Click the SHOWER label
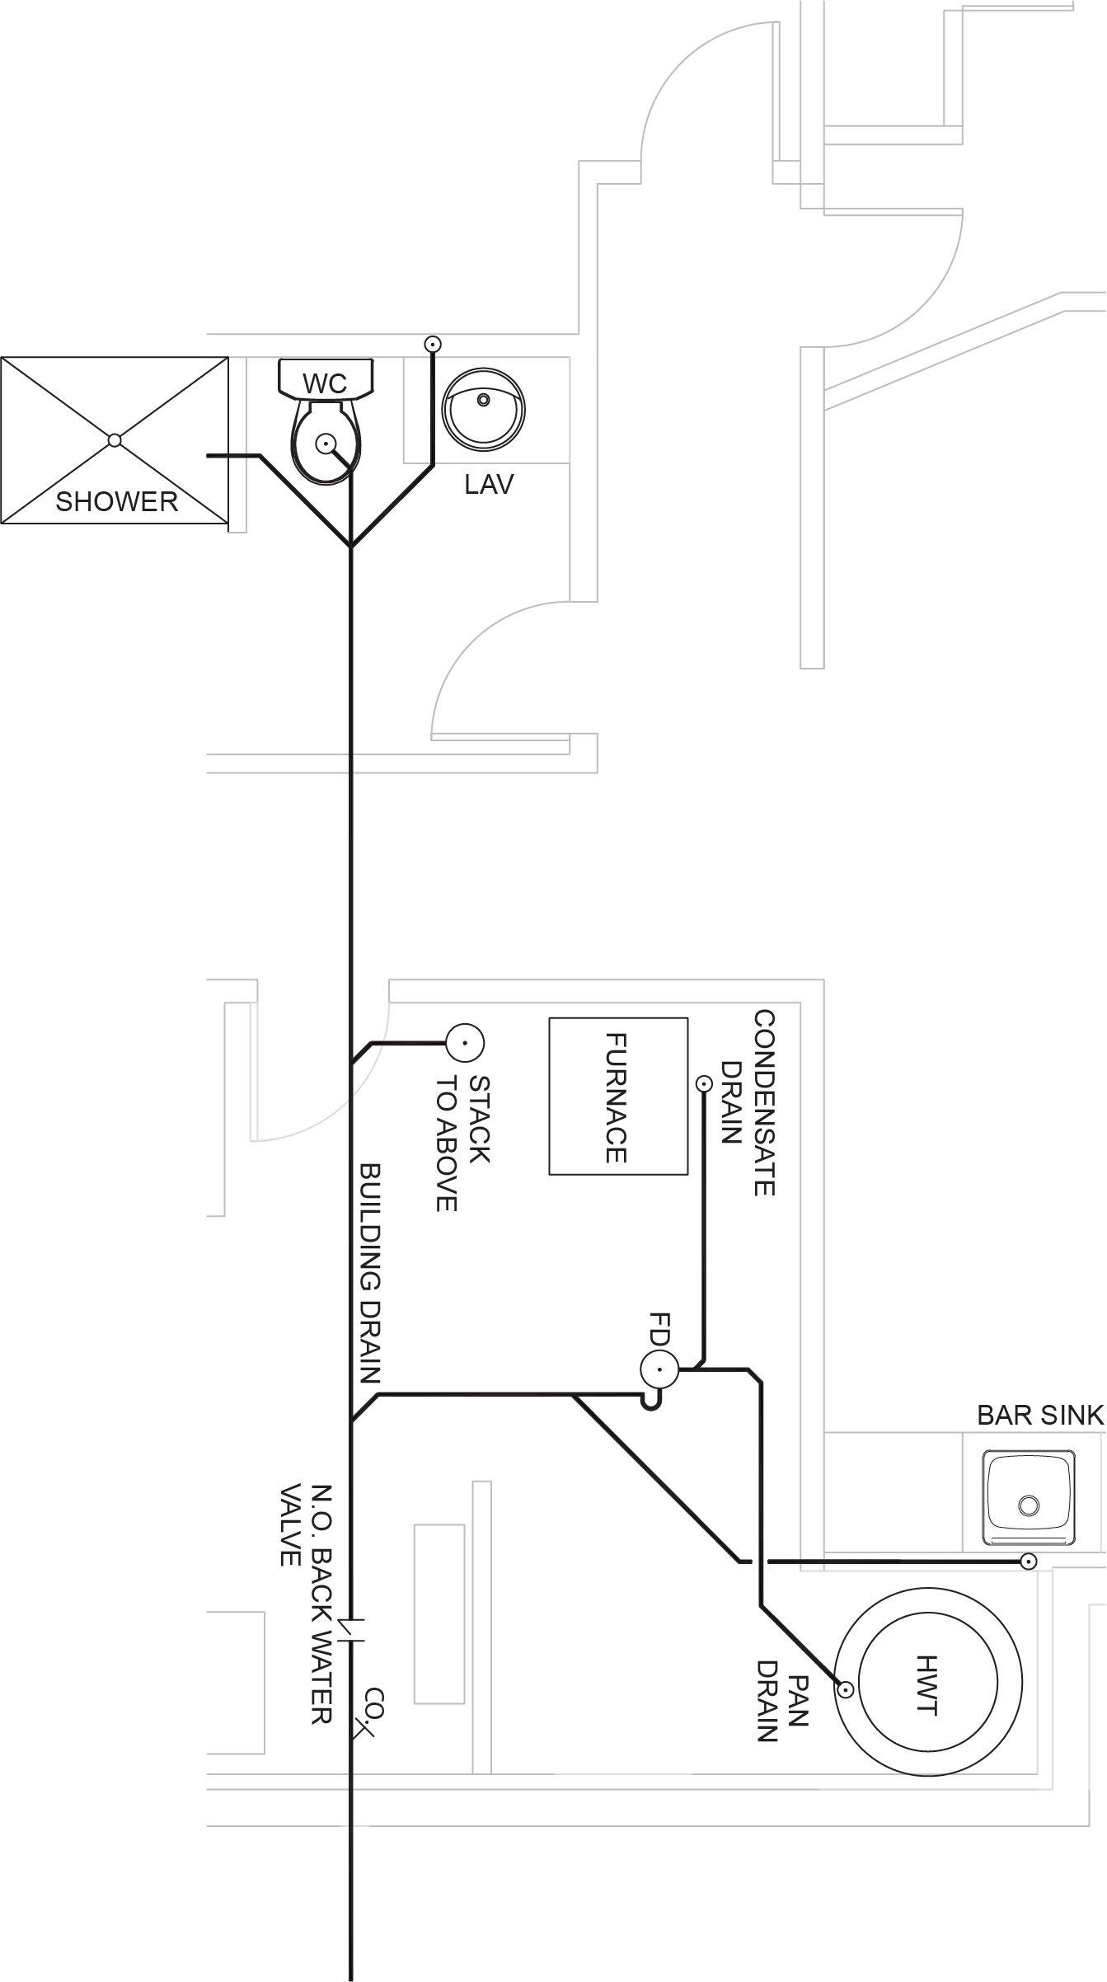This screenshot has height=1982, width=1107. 116,501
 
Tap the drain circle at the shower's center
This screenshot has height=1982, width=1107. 115,440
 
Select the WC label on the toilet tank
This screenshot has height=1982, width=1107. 325,383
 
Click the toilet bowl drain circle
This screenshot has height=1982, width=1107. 326,444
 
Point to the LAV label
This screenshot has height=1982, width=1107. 489,485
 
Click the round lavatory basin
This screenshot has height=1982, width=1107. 484,409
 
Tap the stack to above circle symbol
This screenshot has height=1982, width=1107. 465,1044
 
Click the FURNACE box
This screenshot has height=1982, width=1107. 618,1096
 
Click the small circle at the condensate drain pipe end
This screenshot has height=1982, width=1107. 703,1083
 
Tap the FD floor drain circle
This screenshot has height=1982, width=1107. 659,1370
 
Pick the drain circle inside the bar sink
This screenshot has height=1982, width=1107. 1029,1505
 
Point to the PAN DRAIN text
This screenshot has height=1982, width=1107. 782,1701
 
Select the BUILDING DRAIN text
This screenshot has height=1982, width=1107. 370,1273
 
